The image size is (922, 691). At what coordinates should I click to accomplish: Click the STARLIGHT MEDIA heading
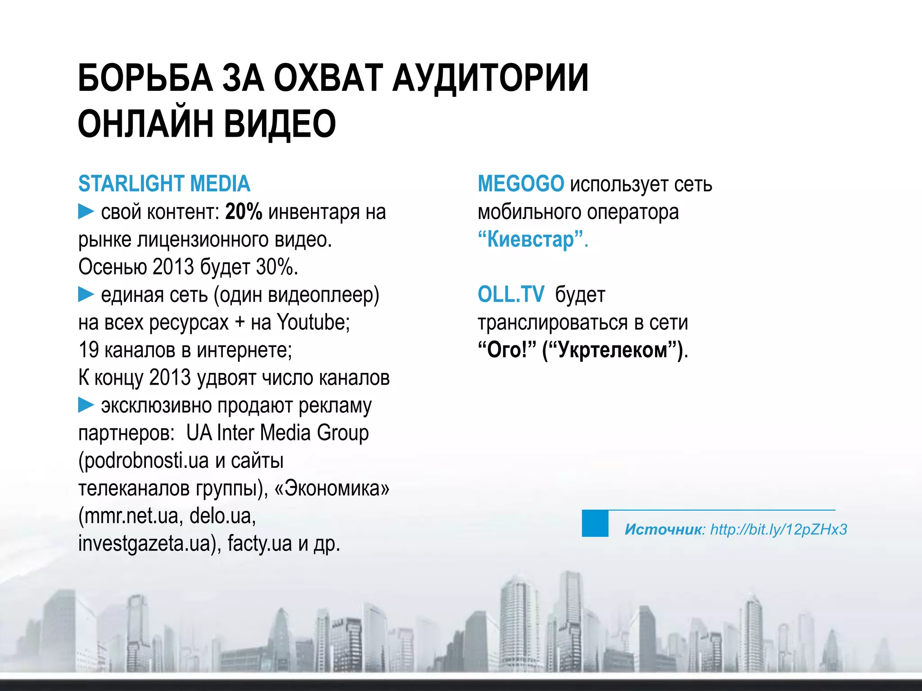coord(164,184)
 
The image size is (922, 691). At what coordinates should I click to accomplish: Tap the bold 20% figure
coord(244,211)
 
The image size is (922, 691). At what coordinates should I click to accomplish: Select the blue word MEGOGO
coord(520,184)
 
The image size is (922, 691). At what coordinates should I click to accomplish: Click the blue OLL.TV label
coord(511,295)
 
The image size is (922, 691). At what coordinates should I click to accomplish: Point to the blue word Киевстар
coord(531,239)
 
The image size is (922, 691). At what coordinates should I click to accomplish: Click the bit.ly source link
coord(778,529)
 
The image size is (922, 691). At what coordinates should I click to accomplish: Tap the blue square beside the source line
coord(595,523)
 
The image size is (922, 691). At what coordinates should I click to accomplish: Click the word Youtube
coord(313,322)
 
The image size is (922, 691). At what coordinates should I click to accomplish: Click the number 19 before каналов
coord(89,350)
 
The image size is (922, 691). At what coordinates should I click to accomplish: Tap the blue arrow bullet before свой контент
coord(86,211)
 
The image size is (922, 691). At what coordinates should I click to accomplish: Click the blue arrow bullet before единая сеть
coord(86,295)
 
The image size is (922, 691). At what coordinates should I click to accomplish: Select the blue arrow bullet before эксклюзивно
coord(86,405)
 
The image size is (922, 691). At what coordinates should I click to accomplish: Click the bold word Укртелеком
coord(613,350)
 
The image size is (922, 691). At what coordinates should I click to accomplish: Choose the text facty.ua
coord(260,543)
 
